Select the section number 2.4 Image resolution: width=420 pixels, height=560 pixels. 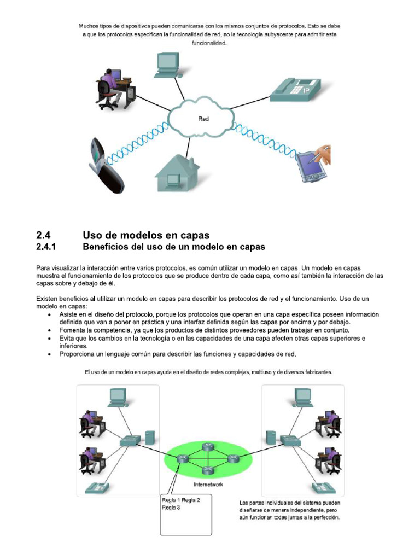click(x=43, y=235)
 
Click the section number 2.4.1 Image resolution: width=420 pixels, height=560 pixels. click(x=46, y=247)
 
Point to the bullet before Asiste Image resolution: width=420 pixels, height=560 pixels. click(x=51, y=316)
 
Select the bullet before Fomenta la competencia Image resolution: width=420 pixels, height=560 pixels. click(x=51, y=331)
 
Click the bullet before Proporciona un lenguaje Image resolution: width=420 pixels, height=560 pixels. click(x=51, y=354)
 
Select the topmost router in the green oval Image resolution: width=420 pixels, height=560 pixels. click(x=207, y=447)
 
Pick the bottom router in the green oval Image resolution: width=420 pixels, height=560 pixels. click(x=206, y=471)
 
